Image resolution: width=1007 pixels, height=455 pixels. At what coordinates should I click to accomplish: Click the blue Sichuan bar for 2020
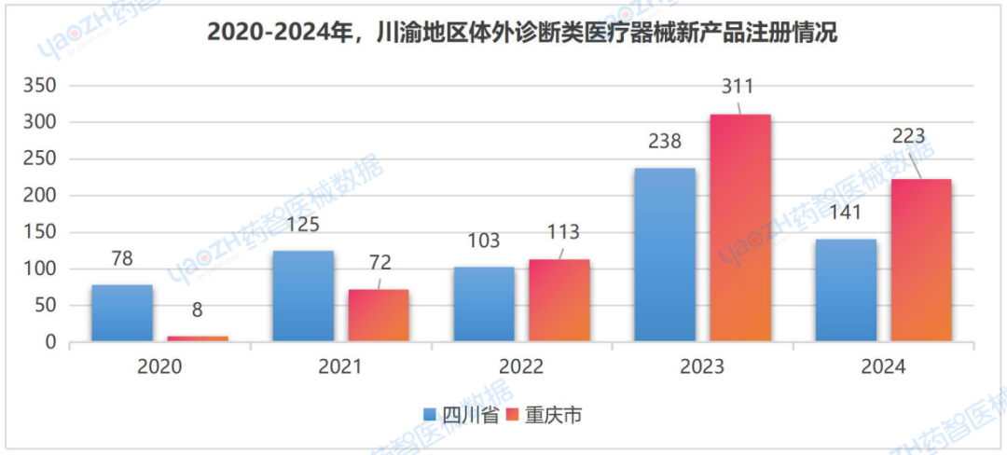pos(122,313)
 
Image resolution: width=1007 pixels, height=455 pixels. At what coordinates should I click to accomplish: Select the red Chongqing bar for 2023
pos(740,228)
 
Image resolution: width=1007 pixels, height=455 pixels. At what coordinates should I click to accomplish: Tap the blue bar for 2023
pos(665,255)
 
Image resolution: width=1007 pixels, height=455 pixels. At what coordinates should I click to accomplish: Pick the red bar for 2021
pos(379,316)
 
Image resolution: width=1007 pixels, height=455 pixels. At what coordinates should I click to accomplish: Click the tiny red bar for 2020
pos(198,338)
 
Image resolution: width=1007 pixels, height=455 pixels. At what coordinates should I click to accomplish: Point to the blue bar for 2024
pos(846,291)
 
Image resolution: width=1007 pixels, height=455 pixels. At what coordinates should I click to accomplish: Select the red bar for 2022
pos(559,300)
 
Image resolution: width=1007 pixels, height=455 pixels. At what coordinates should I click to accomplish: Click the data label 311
pos(740,87)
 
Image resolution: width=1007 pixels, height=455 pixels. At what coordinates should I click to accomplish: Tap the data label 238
pos(665,142)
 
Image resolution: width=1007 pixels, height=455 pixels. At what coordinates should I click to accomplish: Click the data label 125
pos(303,225)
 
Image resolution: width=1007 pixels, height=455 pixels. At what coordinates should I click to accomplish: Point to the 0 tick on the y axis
pos(51,342)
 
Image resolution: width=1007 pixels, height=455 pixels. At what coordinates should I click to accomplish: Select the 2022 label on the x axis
pos(521,367)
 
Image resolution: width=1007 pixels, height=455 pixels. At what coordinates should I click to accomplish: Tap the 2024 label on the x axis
pos(883,367)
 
